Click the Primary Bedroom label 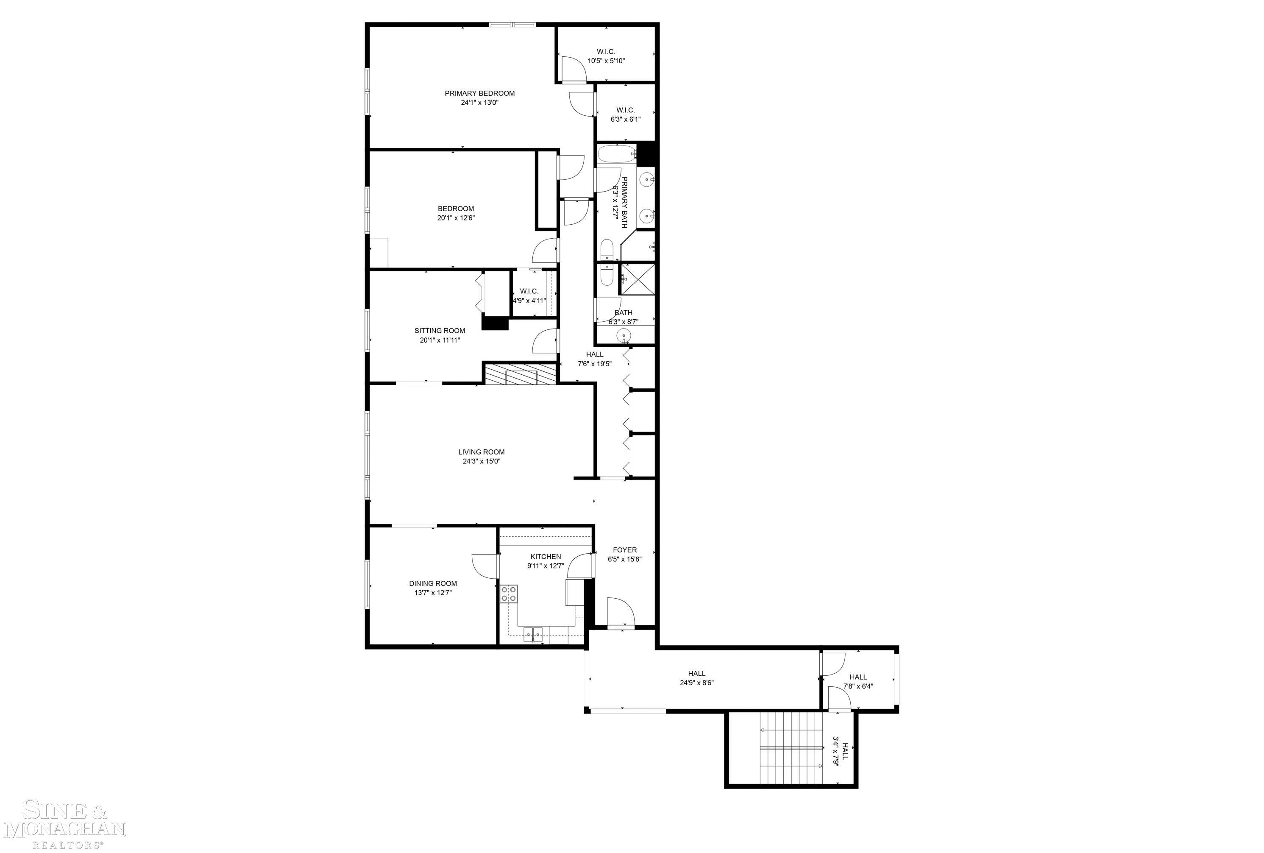[x=479, y=93]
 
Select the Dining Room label [x=433, y=583]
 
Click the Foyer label [x=624, y=550]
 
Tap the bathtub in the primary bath [x=617, y=154]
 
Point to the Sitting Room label [x=440, y=330]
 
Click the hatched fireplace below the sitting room [x=521, y=374]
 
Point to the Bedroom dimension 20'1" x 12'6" [x=456, y=217]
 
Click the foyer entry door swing [x=621, y=613]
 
